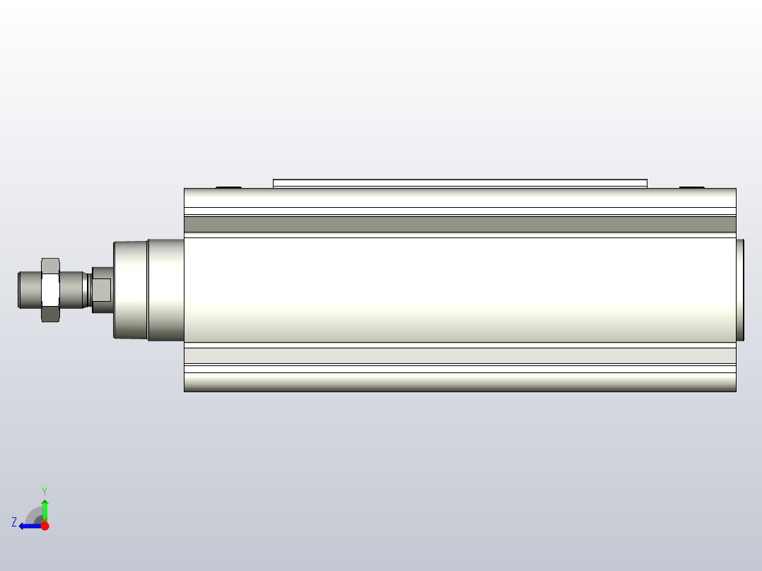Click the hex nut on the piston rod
tap(49, 290)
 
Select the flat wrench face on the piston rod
tap(102, 289)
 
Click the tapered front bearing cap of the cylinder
tap(131, 290)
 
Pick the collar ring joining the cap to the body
tap(165, 290)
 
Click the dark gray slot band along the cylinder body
tap(459, 224)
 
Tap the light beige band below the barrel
tap(459, 355)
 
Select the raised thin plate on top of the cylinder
tap(459, 183)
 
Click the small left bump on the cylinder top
tap(228, 187)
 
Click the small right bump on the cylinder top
tap(691, 187)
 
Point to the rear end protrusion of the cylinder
tap(740, 290)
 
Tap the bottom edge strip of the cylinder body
tap(459, 382)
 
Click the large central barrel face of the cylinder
tap(459, 290)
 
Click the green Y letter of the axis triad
tap(45, 490)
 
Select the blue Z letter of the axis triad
tap(14, 522)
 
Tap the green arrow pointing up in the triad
tap(45, 507)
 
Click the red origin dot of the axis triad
tap(45, 526)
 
